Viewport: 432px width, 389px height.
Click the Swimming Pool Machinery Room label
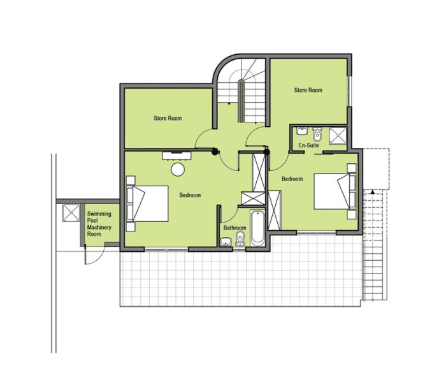pos(99,224)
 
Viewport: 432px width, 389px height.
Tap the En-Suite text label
pos(308,145)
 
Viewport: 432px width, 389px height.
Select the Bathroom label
pos(234,228)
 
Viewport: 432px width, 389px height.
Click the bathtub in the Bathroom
pos(257,228)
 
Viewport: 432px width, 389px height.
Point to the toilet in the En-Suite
pos(317,134)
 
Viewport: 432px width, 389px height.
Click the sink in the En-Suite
pos(302,131)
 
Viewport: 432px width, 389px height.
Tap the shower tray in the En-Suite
pos(338,135)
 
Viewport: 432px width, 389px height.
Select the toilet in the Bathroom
pos(240,239)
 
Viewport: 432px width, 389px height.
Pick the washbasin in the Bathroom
pos(226,242)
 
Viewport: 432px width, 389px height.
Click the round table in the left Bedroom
pos(178,169)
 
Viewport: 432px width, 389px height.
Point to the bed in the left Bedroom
pos(147,203)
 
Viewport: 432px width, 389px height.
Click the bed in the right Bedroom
pos(335,191)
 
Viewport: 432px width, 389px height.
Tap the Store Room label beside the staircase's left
pos(168,118)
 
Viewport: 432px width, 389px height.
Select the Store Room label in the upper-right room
pos(308,90)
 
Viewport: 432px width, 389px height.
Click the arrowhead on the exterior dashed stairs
pos(373,191)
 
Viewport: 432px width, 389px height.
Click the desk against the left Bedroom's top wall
pos(176,155)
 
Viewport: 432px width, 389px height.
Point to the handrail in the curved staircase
pos(241,101)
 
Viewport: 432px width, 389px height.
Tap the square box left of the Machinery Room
pos(71,212)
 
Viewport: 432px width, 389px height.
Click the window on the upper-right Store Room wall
pos(349,91)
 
